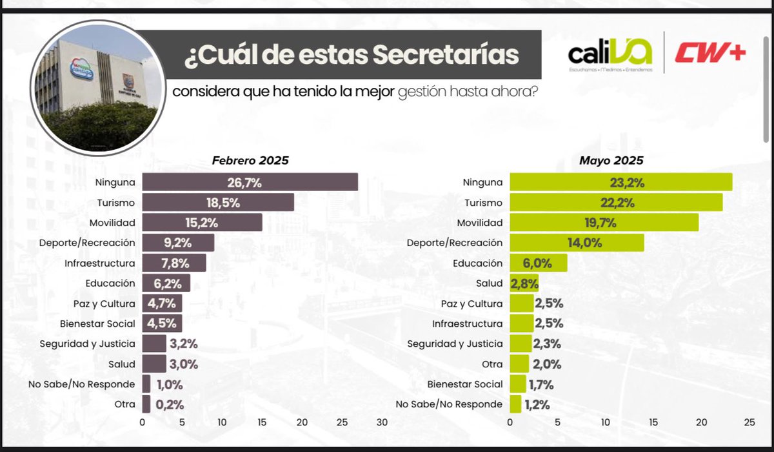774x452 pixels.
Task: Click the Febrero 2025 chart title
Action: (x=250, y=161)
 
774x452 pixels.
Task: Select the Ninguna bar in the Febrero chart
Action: (x=250, y=182)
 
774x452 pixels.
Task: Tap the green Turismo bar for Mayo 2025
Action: (x=616, y=203)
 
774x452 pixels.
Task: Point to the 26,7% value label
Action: (x=244, y=183)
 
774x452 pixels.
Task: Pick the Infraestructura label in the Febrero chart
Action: (x=100, y=263)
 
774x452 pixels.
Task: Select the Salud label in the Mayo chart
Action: (x=490, y=283)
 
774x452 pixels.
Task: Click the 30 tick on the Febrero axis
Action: (x=382, y=424)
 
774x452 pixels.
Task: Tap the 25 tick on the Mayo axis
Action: (x=749, y=424)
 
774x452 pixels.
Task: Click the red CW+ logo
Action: (x=710, y=54)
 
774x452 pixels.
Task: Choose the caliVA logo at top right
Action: (x=610, y=54)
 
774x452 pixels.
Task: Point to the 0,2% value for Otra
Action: (x=170, y=405)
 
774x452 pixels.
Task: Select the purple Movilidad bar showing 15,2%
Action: (x=202, y=223)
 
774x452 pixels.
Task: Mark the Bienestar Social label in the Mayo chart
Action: (x=465, y=384)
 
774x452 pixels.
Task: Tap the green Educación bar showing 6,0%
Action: (x=538, y=263)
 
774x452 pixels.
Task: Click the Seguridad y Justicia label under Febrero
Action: (x=87, y=344)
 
